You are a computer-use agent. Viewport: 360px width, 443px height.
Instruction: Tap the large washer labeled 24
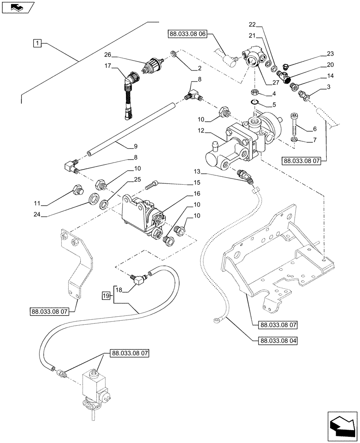click(93, 199)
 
